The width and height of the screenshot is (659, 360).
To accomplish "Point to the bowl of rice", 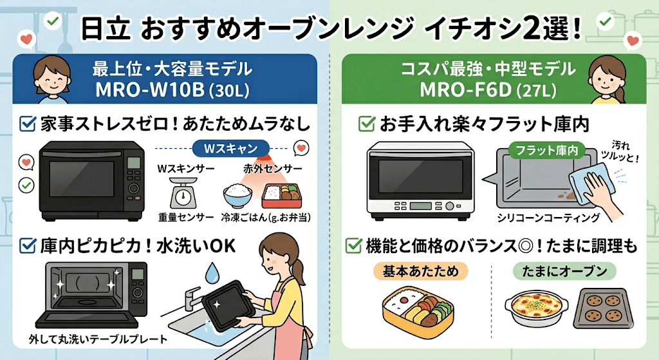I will tap(237, 195).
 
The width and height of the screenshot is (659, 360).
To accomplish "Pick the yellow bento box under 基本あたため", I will tap(416, 306).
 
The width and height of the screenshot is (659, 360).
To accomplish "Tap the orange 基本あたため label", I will tap(420, 271).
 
